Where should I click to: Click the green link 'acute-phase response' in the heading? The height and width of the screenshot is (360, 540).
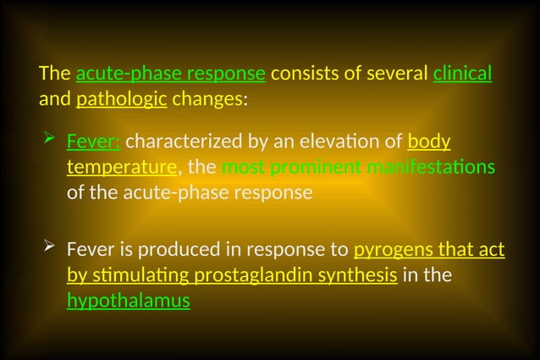tap(171, 74)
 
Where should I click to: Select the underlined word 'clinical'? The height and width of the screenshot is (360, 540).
tap(462, 74)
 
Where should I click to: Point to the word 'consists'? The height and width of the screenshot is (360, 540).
tap(305, 74)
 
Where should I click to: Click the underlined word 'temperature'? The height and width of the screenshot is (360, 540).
tap(122, 166)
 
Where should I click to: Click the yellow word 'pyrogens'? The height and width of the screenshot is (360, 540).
tap(387, 250)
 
